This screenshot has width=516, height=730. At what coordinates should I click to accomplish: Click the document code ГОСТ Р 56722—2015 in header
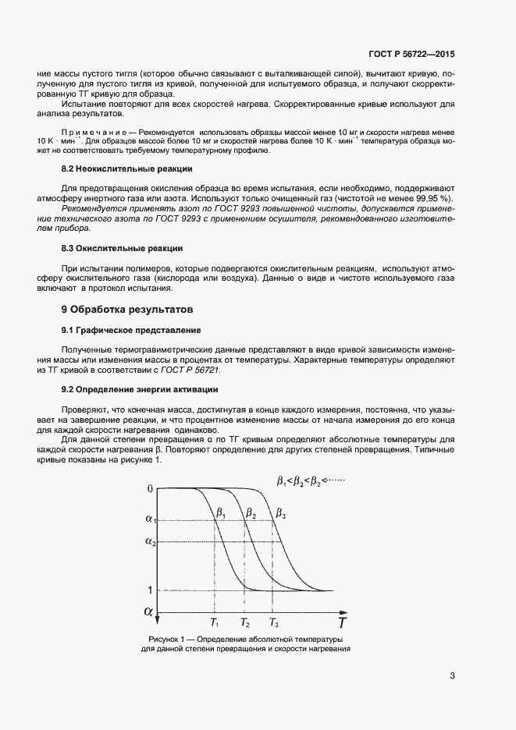(x=411, y=55)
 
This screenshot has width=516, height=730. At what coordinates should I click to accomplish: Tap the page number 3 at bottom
(x=452, y=675)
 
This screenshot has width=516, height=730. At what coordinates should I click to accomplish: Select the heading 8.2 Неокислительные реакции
(x=126, y=169)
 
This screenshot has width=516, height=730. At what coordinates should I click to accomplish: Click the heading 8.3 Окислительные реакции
(x=122, y=248)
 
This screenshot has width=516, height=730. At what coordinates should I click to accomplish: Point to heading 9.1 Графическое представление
(x=131, y=331)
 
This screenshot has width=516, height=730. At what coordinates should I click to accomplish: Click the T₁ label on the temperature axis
(x=215, y=623)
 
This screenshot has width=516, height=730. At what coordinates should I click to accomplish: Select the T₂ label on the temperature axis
(x=245, y=623)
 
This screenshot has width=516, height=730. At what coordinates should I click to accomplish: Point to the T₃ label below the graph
(x=273, y=623)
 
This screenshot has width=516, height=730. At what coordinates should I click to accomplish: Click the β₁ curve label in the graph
(x=221, y=513)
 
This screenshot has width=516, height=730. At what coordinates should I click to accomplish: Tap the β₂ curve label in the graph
(x=251, y=513)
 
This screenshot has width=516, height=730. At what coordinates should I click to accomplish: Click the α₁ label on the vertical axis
(x=151, y=519)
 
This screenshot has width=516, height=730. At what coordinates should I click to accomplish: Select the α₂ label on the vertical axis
(x=151, y=541)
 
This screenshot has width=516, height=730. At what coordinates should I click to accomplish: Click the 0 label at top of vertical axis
(x=150, y=489)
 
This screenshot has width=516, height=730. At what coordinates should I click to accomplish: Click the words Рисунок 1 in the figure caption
(x=166, y=640)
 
